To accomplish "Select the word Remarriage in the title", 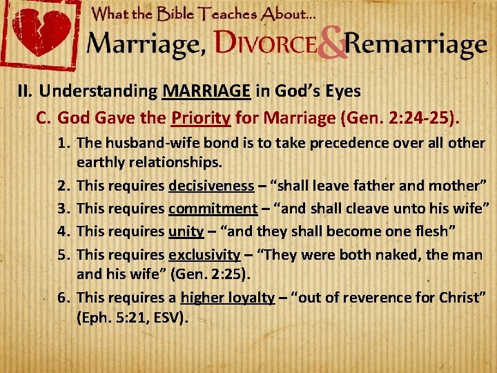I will (x=416, y=45).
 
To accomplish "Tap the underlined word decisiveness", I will (x=211, y=186).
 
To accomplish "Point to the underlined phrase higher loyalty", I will (x=227, y=298).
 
